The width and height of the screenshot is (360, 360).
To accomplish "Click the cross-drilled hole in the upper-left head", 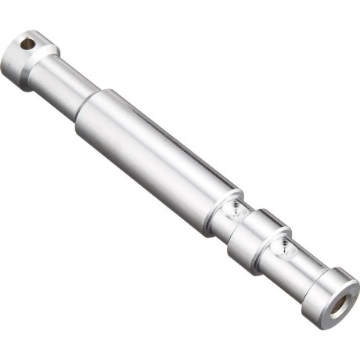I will (x=29, y=44).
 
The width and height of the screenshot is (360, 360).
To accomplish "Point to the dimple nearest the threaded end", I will (x=282, y=250).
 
